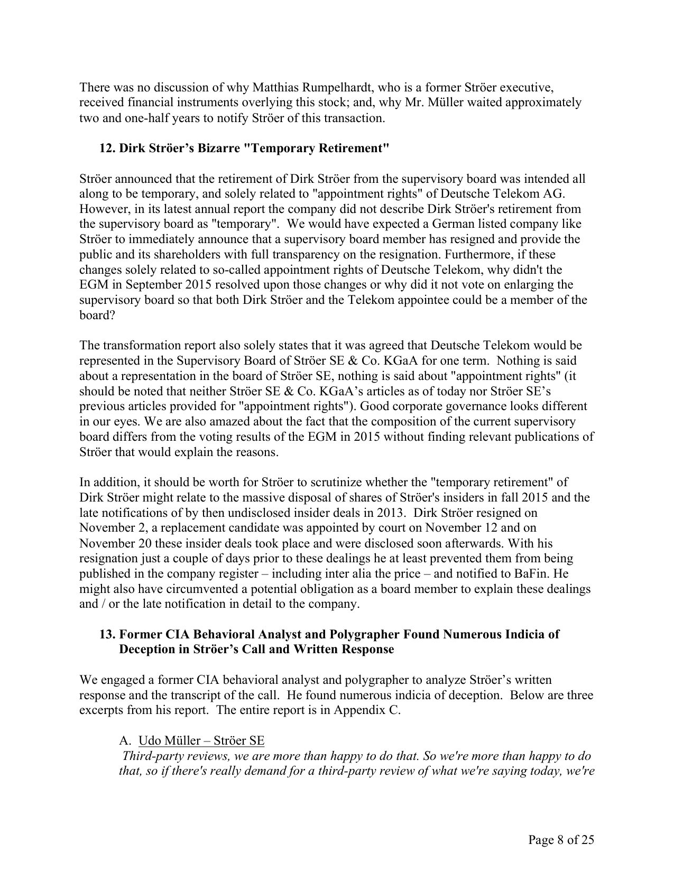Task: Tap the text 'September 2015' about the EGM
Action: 144,285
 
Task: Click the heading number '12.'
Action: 107,148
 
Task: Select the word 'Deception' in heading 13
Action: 146,649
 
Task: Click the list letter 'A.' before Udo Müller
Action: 126,740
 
